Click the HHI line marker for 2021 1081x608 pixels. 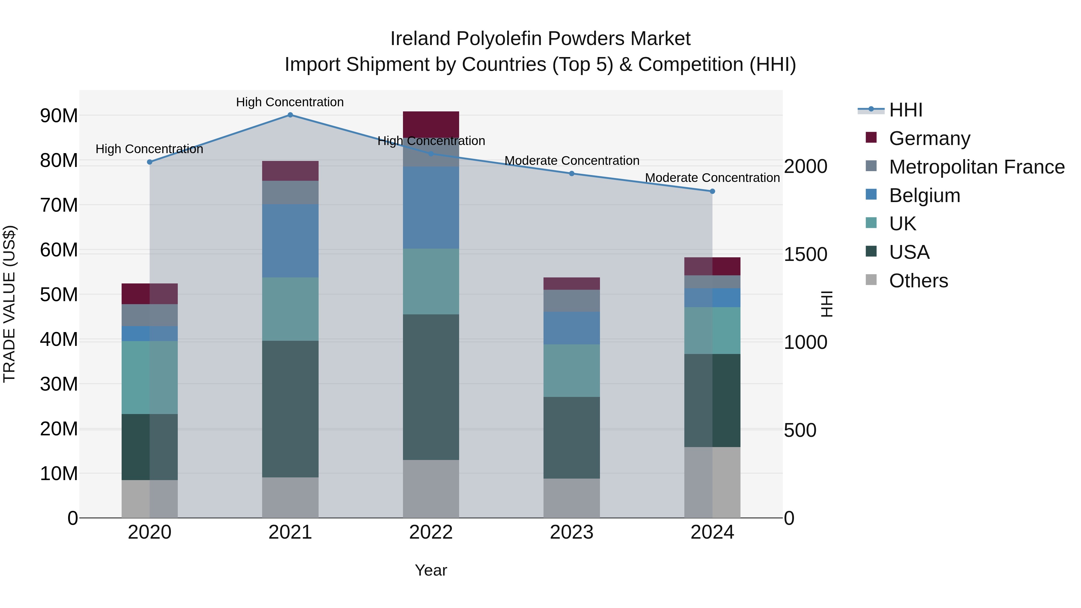coord(290,115)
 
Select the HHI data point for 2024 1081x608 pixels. coord(712,191)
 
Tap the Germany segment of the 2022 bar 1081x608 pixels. coord(431,123)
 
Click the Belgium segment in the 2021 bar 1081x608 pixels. coord(290,241)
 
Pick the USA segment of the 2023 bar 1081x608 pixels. coord(571,438)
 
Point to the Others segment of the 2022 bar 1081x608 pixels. coord(431,489)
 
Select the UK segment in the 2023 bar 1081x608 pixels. coord(571,371)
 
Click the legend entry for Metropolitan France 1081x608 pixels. coord(977,167)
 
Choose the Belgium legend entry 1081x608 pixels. coord(925,195)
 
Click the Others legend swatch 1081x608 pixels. coord(871,280)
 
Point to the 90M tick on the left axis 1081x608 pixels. coord(59,116)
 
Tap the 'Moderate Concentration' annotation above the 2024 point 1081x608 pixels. coord(712,178)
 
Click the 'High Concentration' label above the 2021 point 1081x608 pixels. coord(290,102)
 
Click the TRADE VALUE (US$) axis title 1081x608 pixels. coord(9,304)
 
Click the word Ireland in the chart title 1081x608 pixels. coord(420,39)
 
